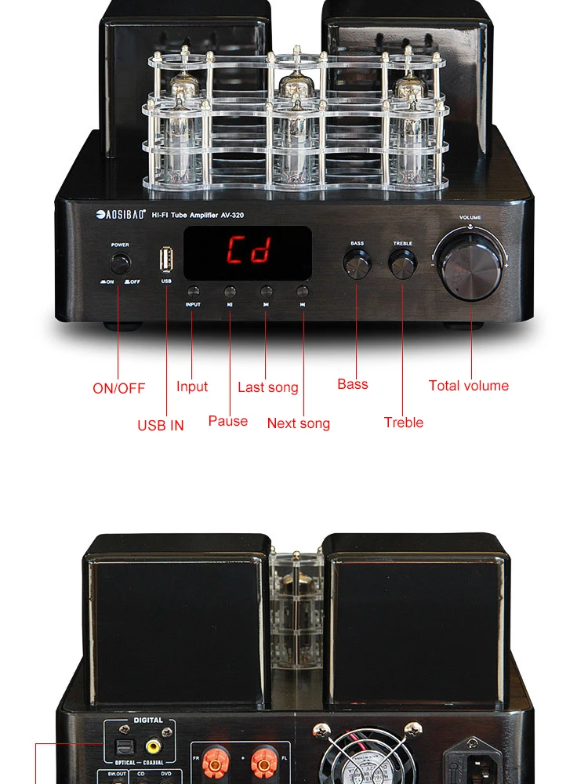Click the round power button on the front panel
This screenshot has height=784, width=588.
point(119,262)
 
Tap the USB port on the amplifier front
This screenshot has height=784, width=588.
point(166,260)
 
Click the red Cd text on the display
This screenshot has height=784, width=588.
point(249,251)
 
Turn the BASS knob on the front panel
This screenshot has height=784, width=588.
point(357,264)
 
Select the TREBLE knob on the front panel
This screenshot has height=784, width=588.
point(402,264)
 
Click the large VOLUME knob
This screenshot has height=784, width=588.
point(470,263)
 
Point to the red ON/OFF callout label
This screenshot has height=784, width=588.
point(119,388)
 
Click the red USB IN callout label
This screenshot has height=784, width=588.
point(161,425)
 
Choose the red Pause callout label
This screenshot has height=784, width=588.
point(228,421)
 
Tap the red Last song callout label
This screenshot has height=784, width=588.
point(268,387)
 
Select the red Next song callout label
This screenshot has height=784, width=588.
point(299,423)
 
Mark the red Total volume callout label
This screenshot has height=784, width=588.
point(469,386)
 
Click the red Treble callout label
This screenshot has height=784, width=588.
point(404,423)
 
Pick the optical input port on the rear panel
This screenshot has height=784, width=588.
point(123,747)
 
